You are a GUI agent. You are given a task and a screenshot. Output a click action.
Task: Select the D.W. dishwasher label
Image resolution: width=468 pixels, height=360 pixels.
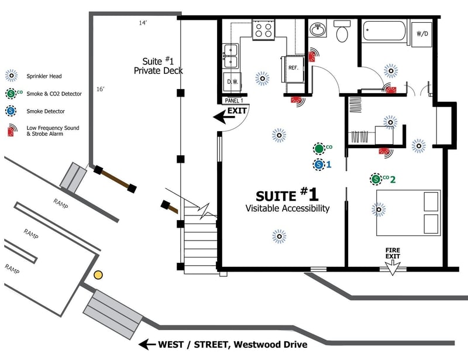coord(232,82)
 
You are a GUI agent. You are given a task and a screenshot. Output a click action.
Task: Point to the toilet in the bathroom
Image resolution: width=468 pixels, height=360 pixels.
coord(341,32)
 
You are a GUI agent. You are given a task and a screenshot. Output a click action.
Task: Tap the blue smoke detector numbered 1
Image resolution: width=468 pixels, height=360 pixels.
coord(318,164)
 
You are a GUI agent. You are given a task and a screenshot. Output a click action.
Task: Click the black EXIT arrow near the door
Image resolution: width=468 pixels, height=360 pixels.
coord(223,118)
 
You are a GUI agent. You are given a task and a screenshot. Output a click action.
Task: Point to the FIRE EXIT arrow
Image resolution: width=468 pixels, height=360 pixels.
coord(391,265)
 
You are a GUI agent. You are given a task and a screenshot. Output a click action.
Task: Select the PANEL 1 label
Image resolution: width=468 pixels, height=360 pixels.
coord(235,101)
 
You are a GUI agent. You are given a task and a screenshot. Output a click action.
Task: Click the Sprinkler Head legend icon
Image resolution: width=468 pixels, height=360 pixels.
coord(11,76)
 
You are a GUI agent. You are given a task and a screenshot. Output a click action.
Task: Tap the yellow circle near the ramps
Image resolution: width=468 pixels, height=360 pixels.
coord(98,274)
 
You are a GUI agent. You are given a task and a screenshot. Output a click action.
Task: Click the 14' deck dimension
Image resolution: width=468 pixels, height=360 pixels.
coord(142,23)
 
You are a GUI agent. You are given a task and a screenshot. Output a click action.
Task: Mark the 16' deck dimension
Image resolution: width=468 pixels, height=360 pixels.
coord(101,89)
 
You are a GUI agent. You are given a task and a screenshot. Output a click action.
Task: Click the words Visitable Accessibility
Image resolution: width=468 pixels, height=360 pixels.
coord(287,208)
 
